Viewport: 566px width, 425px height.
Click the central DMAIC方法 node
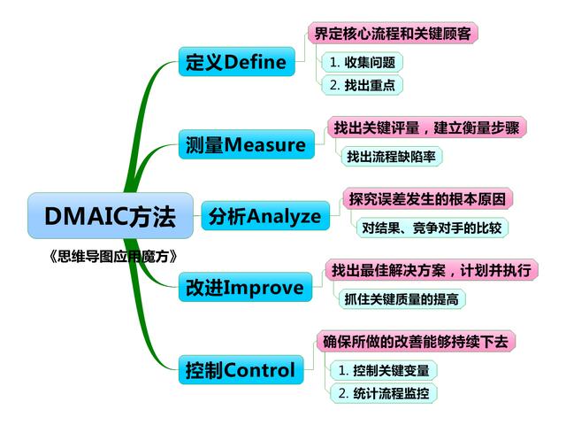(x=111, y=216)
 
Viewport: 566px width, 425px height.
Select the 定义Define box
(x=237, y=61)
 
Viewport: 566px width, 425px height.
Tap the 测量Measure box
(x=247, y=144)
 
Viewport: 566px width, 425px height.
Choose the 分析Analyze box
(x=265, y=216)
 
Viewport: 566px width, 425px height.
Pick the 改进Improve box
(x=245, y=287)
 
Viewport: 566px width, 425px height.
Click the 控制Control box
(x=241, y=370)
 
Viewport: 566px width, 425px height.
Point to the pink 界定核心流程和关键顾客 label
(x=393, y=34)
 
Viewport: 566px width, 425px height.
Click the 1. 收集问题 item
(x=362, y=62)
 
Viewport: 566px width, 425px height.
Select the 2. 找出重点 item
(x=362, y=85)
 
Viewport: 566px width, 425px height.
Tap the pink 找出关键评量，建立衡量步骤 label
(x=426, y=127)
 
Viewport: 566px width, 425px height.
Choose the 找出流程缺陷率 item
(x=391, y=156)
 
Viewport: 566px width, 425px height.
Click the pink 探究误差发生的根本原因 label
(x=428, y=198)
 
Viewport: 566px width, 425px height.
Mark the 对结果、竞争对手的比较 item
(x=432, y=228)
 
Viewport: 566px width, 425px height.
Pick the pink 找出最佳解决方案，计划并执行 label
(x=432, y=270)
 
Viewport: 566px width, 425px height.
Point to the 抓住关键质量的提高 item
(x=402, y=299)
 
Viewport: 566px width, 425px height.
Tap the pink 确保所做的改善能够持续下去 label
(x=416, y=342)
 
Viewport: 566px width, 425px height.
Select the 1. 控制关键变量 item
(x=383, y=370)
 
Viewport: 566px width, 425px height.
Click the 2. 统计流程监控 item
(x=383, y=393)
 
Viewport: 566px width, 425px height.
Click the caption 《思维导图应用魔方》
(x=113, y=256)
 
